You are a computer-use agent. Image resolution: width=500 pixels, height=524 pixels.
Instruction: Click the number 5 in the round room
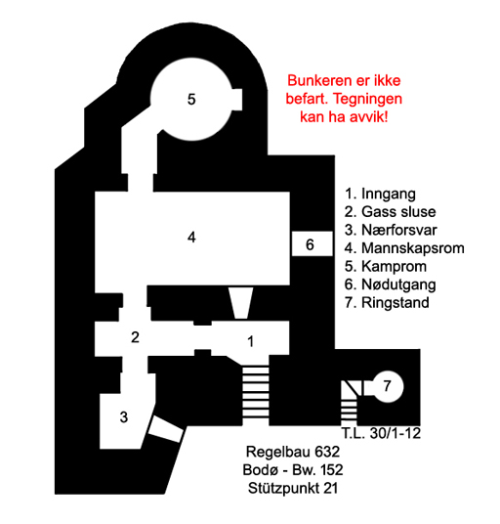[x=191, y=100]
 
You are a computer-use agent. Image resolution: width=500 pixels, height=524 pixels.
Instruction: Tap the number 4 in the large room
[x=191, y=238]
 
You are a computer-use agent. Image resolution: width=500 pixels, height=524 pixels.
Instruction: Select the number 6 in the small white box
[x=310, y=245]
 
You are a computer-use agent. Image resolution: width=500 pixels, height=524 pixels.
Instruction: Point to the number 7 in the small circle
[x=387, y=386]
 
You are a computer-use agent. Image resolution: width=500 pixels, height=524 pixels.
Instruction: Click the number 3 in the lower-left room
[x=124, y=417]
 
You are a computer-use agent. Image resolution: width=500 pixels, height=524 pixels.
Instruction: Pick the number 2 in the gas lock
[x=135, y=337]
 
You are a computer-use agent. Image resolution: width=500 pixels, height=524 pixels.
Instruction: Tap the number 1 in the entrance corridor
[x=250, y=341]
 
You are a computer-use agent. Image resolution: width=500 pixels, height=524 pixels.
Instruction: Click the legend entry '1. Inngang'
[x=380, y=195]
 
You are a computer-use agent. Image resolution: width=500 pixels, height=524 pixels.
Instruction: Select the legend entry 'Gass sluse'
[x=398, y=212]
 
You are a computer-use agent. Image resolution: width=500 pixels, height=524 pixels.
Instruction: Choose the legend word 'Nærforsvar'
[x=399, y=230]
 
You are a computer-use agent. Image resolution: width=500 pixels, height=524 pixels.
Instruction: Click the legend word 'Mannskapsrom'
[x=413, y=248]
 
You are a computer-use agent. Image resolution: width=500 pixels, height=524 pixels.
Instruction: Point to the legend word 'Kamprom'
[x=395, y=267]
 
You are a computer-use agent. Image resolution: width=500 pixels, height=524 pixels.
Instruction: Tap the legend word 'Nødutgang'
[x=398, y=284]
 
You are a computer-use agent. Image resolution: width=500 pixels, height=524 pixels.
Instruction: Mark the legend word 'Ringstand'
[x=396, y=303]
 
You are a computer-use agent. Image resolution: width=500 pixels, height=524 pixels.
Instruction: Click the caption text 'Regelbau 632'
[x=293, y=452]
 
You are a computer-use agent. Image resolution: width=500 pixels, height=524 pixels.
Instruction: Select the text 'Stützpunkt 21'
[x=293, y=488]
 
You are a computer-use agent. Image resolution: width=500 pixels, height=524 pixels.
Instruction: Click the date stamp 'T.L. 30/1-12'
[x=381, y=433]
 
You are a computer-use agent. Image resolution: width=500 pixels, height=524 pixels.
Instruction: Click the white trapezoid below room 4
[x=240, y=303]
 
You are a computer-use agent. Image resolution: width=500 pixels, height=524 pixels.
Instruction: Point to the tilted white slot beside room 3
[x=166, y=429]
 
